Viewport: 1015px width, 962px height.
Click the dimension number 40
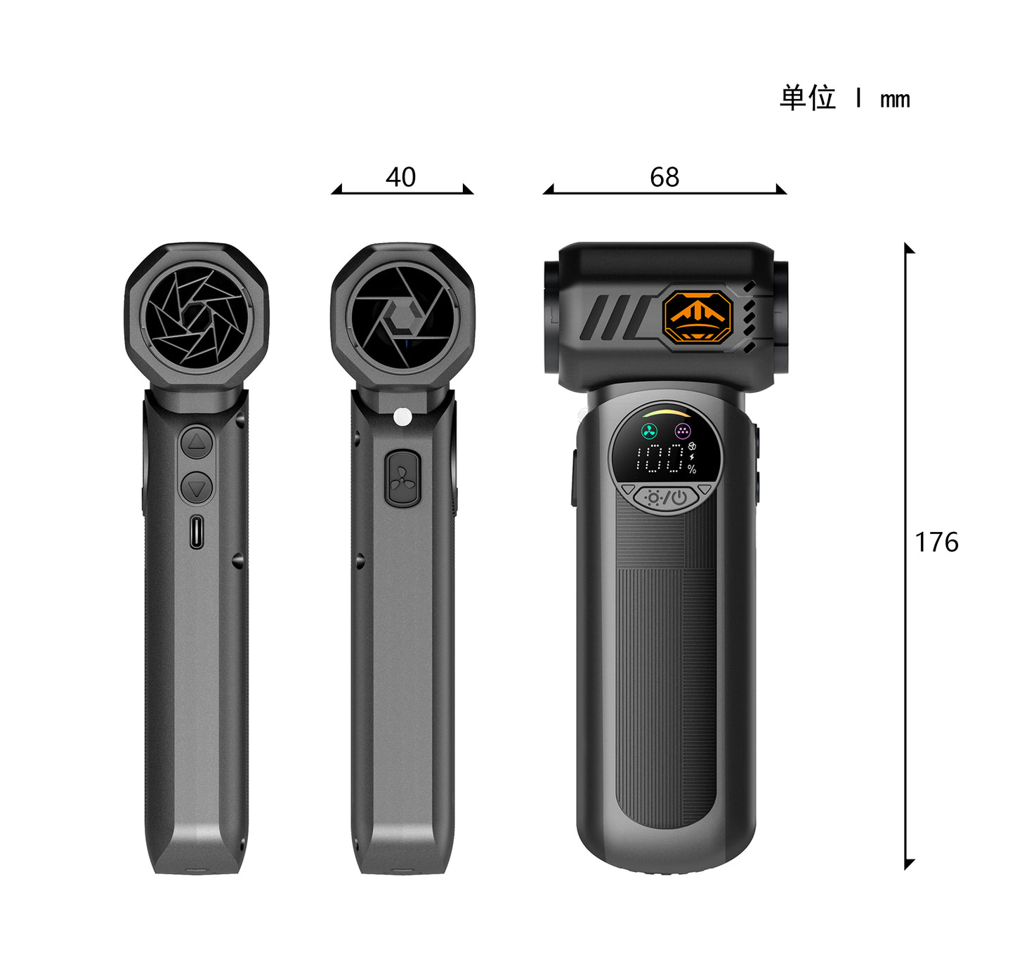point(400,177)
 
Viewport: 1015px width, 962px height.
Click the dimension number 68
point(664,177)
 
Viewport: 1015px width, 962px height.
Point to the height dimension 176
point(936,542)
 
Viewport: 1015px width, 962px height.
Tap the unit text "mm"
point(895,100)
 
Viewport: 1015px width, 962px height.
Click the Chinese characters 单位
point(808,98)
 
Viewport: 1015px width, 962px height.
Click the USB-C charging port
point(197,531)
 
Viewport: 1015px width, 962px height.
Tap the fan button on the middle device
point(402,479)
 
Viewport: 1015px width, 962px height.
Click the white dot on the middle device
point(402,417)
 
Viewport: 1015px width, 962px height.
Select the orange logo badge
point(698,317)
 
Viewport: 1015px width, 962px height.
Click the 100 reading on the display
point(660,459)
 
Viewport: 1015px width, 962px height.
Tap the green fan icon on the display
point(649,430)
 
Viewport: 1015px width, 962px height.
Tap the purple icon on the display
point(682,430)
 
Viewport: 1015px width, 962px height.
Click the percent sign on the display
point(692,469)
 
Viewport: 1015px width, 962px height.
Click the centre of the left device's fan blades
point(197,317)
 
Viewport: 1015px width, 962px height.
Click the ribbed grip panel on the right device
point(665,668)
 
